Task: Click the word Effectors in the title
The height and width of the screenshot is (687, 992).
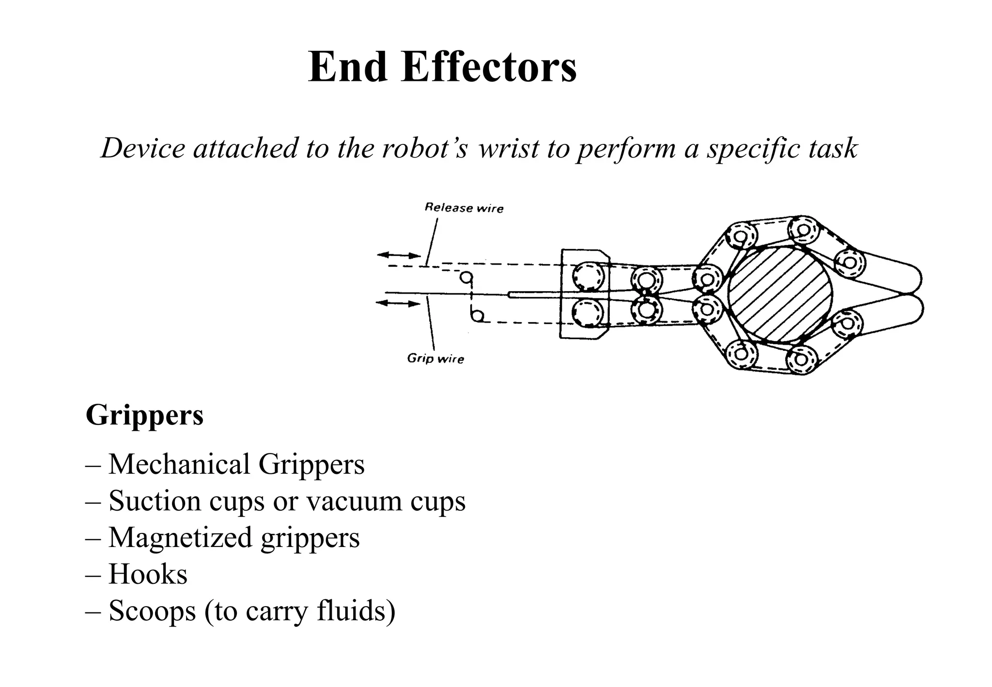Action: [x=489, y=67]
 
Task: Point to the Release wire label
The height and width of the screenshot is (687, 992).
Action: [x=464, y=208]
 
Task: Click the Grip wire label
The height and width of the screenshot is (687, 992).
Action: [x=435, y=359]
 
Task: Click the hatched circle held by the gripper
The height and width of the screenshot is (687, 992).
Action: [x=780, y=295]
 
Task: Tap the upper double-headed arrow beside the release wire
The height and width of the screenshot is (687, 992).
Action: [x=399, y=255]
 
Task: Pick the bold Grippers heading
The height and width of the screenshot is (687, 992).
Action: [x=144, y=415]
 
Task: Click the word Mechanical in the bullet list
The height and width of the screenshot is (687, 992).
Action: [x=179, y=464]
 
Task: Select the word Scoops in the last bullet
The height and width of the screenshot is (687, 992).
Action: [x=152, y=611]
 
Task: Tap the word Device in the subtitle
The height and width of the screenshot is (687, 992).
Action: [x=143, y=148]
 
